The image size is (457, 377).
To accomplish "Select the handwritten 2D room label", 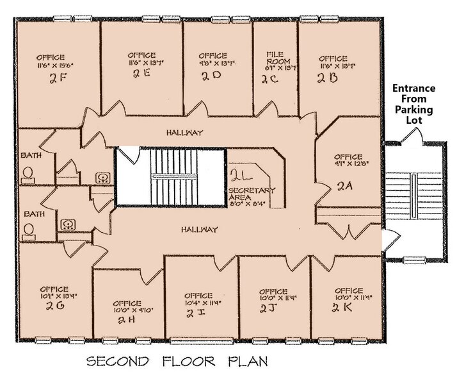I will tap(211, 75).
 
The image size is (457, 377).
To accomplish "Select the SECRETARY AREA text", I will tap(251, 194).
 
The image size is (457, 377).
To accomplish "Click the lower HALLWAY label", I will tap(198, 229).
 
